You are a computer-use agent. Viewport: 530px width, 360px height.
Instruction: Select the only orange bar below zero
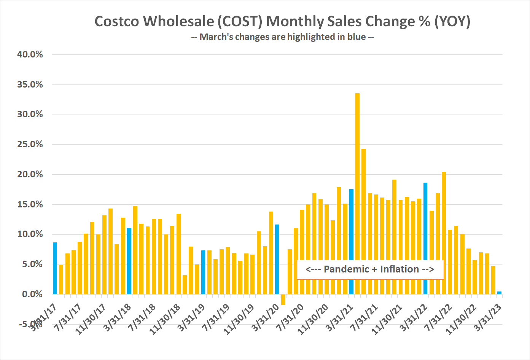pyautogui.click(x=283, y=299)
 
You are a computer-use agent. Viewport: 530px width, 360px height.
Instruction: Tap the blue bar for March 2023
pyautogui.click(x=499, y=293)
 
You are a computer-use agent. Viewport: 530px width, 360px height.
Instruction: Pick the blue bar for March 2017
pyautogui.click(x=55, y=268)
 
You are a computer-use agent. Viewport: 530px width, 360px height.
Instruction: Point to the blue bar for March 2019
pyautogui.click(x=203, y=272)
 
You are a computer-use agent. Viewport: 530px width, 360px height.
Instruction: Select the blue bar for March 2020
pyautogui.click(x=277, y=259)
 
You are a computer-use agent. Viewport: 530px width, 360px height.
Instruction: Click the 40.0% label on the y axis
pyautogui.click(x=30, y=54)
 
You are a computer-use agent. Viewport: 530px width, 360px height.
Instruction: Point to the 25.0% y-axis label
pyautogui.click(x=30, y=144)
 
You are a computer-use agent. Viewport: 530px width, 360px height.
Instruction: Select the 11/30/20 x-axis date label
pyautogui.click(x=313, y=319)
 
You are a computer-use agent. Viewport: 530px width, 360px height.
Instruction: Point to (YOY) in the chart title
pyautogui.click(x=452, y=21)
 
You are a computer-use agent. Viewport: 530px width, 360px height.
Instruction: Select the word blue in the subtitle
pyautogui.click(x=357, y=37)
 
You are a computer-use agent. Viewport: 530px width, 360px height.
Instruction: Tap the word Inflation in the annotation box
pyautogui.click(x=399, y=269)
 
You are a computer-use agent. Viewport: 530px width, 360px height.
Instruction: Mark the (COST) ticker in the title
pyautogui.click(x=240, y=21)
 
